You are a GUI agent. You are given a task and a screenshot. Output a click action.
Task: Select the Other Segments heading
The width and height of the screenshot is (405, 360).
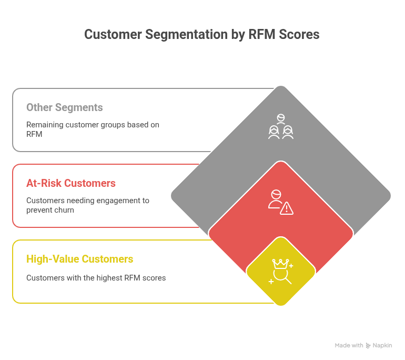[65, 107]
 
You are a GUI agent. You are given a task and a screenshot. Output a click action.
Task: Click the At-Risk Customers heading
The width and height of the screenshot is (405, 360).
[71, 183]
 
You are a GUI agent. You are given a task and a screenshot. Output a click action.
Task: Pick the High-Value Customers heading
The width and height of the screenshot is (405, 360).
[79, 259]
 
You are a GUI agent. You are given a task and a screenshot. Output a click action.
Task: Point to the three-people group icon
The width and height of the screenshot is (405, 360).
[281, 127]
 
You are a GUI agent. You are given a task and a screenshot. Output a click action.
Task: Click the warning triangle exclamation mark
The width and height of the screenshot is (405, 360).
[287, 209]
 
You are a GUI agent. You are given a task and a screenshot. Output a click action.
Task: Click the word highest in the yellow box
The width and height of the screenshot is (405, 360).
[108, 277]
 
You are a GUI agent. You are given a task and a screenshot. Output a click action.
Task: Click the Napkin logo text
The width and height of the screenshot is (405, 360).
[382, 346]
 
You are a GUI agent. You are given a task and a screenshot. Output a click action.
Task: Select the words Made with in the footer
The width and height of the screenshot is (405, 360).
[349, 346]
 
